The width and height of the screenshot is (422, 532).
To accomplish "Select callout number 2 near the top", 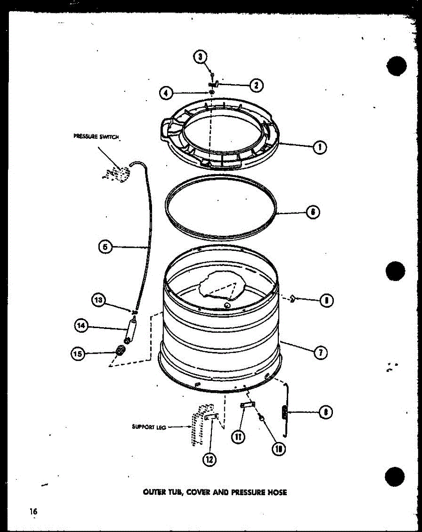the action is tap(255, 85).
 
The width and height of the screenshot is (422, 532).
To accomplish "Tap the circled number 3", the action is tap(200, 57).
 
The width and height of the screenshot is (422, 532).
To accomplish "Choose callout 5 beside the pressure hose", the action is tap(105, 247).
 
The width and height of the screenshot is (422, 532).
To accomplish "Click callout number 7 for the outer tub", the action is tap(320, 353).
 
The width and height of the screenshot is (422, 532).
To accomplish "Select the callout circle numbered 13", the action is tap(98, 300).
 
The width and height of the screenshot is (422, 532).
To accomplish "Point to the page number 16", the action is tap(33, 512).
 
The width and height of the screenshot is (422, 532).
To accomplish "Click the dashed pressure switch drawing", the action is tap(116, 173).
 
